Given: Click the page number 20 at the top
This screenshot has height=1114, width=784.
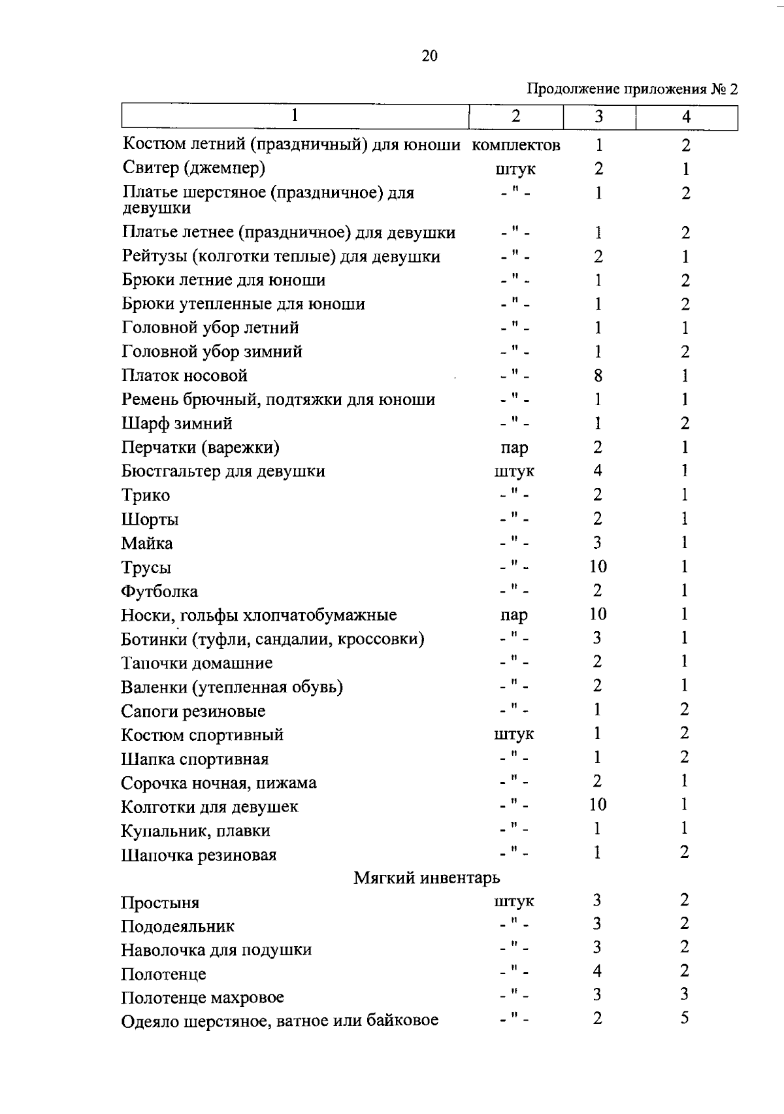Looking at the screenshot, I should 429,56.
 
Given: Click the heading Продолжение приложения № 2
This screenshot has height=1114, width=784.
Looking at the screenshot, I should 632,89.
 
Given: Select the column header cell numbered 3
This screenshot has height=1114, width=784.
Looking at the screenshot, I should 598,117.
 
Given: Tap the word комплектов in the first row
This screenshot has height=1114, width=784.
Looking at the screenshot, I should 515,145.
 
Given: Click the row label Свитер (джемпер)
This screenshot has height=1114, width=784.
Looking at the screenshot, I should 194,169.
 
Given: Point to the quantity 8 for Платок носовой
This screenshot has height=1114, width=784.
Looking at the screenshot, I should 598,376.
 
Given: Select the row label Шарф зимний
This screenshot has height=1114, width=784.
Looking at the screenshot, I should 177,423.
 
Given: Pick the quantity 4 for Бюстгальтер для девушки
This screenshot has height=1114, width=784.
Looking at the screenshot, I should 597,471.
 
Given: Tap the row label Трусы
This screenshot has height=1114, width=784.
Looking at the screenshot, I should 146,568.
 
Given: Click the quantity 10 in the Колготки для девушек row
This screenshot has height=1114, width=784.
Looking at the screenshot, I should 598,805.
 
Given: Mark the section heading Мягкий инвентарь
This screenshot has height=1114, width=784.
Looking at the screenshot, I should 427,878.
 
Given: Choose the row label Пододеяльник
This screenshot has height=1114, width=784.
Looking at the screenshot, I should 178,926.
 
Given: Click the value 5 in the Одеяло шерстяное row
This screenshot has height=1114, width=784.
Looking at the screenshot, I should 684,1019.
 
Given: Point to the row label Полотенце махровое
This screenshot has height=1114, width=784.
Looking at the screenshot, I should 203,998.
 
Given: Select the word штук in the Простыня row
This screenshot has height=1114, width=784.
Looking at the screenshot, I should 514,902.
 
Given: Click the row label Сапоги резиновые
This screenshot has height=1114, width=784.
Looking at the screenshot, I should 193,712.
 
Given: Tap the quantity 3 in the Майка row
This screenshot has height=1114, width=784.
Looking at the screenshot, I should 597,543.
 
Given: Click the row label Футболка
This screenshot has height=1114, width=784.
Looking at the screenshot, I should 159,592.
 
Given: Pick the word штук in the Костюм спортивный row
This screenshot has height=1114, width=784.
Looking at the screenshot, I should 514,734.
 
